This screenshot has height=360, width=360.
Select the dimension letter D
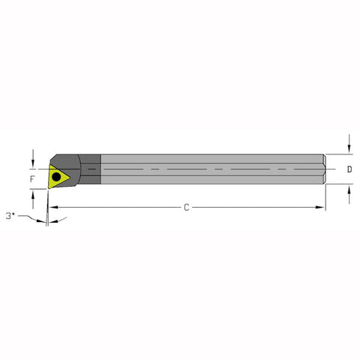pos(349,170)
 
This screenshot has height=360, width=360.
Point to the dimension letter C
pos(186,207)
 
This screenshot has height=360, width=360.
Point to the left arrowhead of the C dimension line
pos(52,207)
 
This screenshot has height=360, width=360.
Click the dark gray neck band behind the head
pos(91,169)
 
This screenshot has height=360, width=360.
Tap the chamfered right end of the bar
pos(325,169)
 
